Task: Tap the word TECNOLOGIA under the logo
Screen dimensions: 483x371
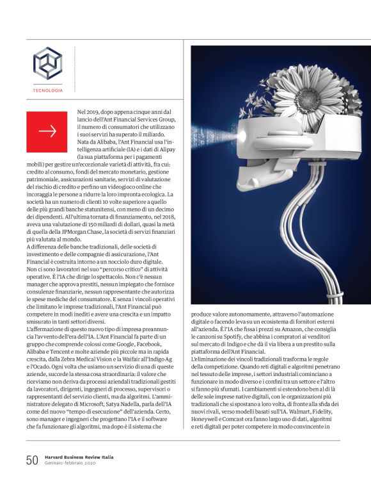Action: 48,90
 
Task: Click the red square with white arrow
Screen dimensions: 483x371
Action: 47,131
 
